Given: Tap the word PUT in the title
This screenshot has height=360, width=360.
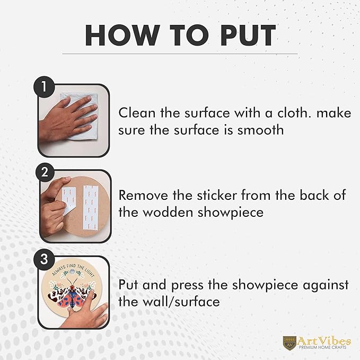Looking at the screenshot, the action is tap(248, 35).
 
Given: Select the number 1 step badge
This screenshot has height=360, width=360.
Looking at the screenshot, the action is tap(44, 87).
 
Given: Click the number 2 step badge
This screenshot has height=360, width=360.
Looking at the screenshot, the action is tap(45, 172).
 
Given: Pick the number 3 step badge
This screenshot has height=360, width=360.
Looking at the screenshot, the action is tap(44, 259).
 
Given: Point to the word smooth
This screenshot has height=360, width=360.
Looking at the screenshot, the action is tap(260, 130).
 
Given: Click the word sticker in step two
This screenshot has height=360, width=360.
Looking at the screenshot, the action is tap(217, 196).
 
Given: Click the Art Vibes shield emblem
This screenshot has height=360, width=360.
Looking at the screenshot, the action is tap(289, 343).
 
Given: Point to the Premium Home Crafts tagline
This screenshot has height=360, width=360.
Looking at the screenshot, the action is tap(322, 347).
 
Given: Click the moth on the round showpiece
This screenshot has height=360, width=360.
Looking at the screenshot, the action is tap(73, 292).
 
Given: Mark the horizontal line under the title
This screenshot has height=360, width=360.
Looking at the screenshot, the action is tap(180, 54).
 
